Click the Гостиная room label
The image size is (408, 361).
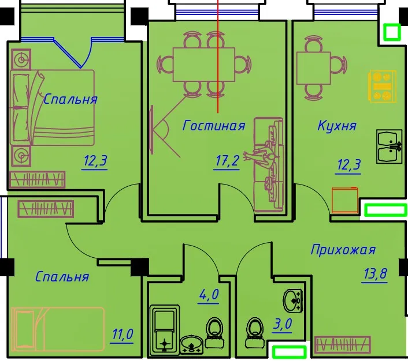click(x=214, y=125)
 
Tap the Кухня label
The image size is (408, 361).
click(x=337, y=126)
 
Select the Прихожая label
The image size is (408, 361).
click(x=343, y=250)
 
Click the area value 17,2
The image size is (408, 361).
click(x=227, y=161)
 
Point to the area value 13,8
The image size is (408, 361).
click(x=375, y=274)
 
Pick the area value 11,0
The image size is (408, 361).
click(x=123, y=334)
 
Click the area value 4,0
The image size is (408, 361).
click(x=209, y=295)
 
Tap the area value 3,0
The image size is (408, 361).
click(x=283, y=324)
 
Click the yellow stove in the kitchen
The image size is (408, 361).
click(x=382, y=87)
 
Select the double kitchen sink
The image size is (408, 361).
click(x=390, y=146)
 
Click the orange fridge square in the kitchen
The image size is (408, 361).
click(x=345, y=200)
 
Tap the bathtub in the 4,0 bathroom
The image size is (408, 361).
click(x=165, y=330)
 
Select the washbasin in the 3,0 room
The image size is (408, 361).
click(x=293, y=301)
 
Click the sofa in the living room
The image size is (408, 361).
click(x=269, y=165)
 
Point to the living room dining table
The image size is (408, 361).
click(x=204, y=65)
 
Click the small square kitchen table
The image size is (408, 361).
click(x=314, y=68)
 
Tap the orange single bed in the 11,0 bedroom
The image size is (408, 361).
click(x=58, y=329)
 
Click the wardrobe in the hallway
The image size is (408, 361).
click(x=343, y=345)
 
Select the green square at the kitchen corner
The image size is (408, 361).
click(x=392, y=32)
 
